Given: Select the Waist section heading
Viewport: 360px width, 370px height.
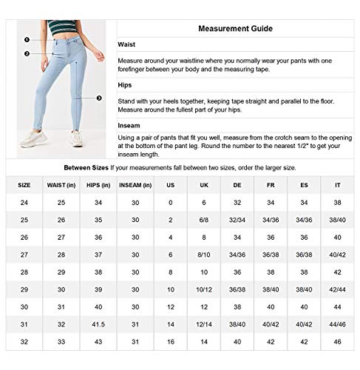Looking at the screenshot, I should tap(126, 44).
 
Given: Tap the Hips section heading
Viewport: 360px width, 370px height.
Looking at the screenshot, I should tap(125, 85).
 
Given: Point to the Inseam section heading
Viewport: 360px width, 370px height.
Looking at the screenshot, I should tap(129, 126).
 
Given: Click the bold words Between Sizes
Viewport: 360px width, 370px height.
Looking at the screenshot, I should tap(86, 167).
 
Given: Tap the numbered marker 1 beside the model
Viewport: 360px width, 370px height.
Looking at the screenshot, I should tap(27, 40).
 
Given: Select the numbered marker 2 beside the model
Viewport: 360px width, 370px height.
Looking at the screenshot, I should tap(27, 53).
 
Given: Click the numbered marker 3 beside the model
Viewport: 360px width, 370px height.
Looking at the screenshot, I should tap(99, 97).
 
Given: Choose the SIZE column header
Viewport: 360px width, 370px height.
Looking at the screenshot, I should tap(24, 184).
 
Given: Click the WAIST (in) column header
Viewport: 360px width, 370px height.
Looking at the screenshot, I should tap(61, 184).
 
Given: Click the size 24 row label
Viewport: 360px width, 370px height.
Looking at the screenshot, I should tap(24, 202).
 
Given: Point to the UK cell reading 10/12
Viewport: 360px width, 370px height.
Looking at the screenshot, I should tap(206, 289).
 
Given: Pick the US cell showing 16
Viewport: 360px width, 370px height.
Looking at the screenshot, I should tap(170, 341).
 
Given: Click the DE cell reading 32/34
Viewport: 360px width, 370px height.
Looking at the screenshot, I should tap(237, 220).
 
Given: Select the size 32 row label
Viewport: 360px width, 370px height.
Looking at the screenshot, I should tap(24, 341).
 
